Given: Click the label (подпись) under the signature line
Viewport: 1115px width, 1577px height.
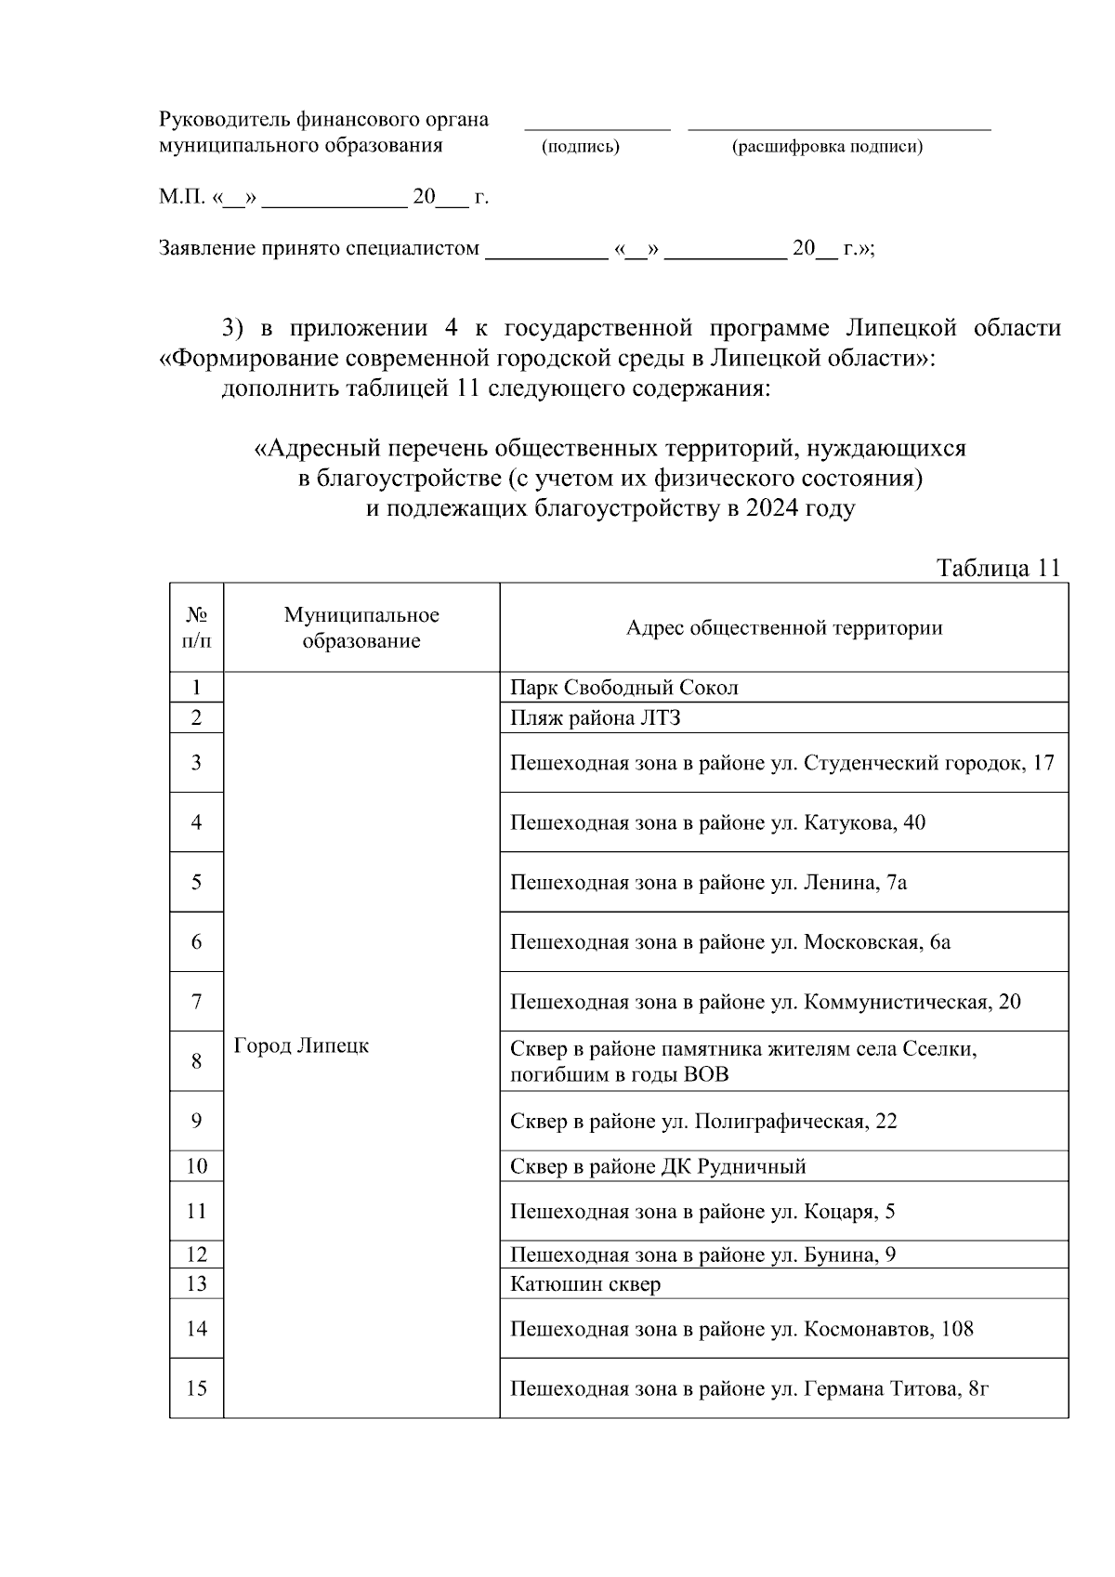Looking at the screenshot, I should [580, 147].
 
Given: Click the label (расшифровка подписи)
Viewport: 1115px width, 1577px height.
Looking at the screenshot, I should [827, 147].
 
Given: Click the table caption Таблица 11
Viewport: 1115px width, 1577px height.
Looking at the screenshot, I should [998, 568].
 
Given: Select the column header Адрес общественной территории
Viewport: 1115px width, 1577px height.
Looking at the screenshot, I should [783, 628].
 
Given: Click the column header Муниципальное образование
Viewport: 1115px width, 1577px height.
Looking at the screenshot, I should [361, 627].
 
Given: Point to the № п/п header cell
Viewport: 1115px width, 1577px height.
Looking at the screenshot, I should [196, 627].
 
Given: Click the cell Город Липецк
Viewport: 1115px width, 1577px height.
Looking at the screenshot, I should [301, 1045].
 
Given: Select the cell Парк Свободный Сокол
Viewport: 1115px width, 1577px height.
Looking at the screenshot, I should [624, 688].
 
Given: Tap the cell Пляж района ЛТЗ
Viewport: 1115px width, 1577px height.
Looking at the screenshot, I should [597, 717].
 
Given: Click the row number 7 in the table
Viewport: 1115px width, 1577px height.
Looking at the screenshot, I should [196, 1001].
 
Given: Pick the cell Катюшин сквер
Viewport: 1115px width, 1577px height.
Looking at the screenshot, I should [585, 1284].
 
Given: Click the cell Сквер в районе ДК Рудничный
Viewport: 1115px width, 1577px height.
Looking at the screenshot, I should [658, 1166].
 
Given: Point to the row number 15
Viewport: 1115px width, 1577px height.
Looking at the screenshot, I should [196, 1388].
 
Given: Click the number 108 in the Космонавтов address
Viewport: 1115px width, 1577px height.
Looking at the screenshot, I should [957, 1329].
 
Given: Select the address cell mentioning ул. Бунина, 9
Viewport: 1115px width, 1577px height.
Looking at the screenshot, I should [702, 1255].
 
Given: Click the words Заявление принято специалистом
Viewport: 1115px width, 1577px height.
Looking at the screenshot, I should [320, 248].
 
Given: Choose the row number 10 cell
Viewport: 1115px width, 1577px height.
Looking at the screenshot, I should [196, 1166].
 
